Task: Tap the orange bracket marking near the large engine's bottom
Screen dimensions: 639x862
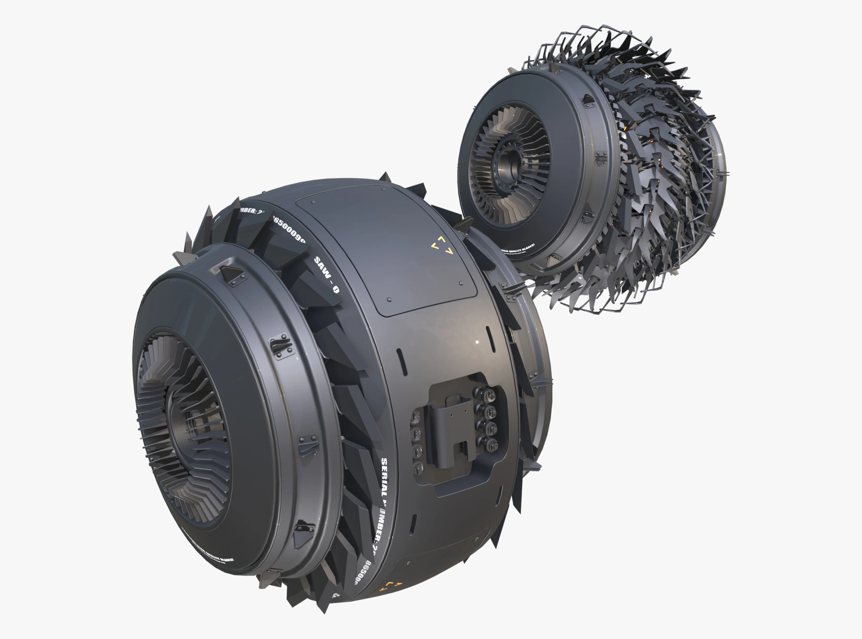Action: (x=391, y=586)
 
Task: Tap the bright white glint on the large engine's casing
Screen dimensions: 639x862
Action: (x=477, y=342)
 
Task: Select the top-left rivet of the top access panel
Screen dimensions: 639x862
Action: (x=313, y=202)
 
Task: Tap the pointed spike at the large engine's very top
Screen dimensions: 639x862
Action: (x=384, y=177)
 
